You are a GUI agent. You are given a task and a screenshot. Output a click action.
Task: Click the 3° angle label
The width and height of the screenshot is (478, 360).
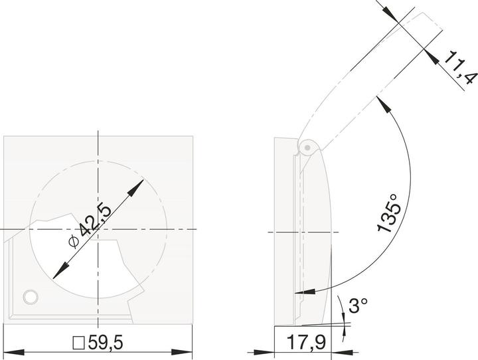point(358,306)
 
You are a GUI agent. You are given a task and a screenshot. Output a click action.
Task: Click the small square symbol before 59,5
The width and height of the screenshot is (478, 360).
point(78,344)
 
